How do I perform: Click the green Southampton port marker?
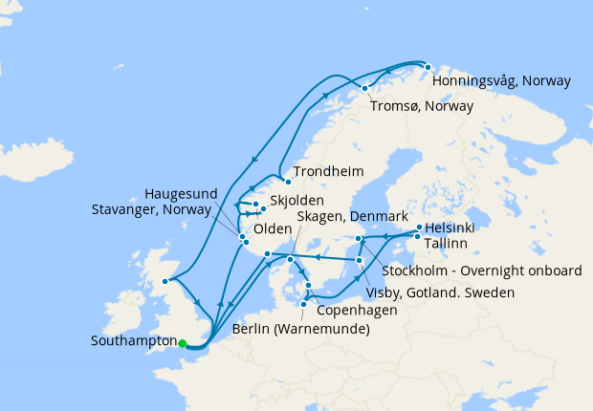pyautogui.click(x=182, y=344)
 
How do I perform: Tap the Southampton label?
pyautogui.click(x=133, y=341)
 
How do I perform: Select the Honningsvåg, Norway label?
pyautogui.click(x=501, y=81)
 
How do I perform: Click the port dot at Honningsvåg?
pyautogui.click(x=428, y=68)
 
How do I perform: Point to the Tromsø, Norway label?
pyautogui.click(x=422, y=106)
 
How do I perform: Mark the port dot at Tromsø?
pyautogui.click(x=364, y=89)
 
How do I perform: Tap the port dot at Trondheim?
pyautogui.click(x=287, y=182)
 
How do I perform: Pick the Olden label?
pyautogui.click(x=272, y=229)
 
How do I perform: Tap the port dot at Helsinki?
pyautogui.click(x=419, y=227)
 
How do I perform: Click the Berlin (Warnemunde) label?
pyautogui.click(x=300, y=331)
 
